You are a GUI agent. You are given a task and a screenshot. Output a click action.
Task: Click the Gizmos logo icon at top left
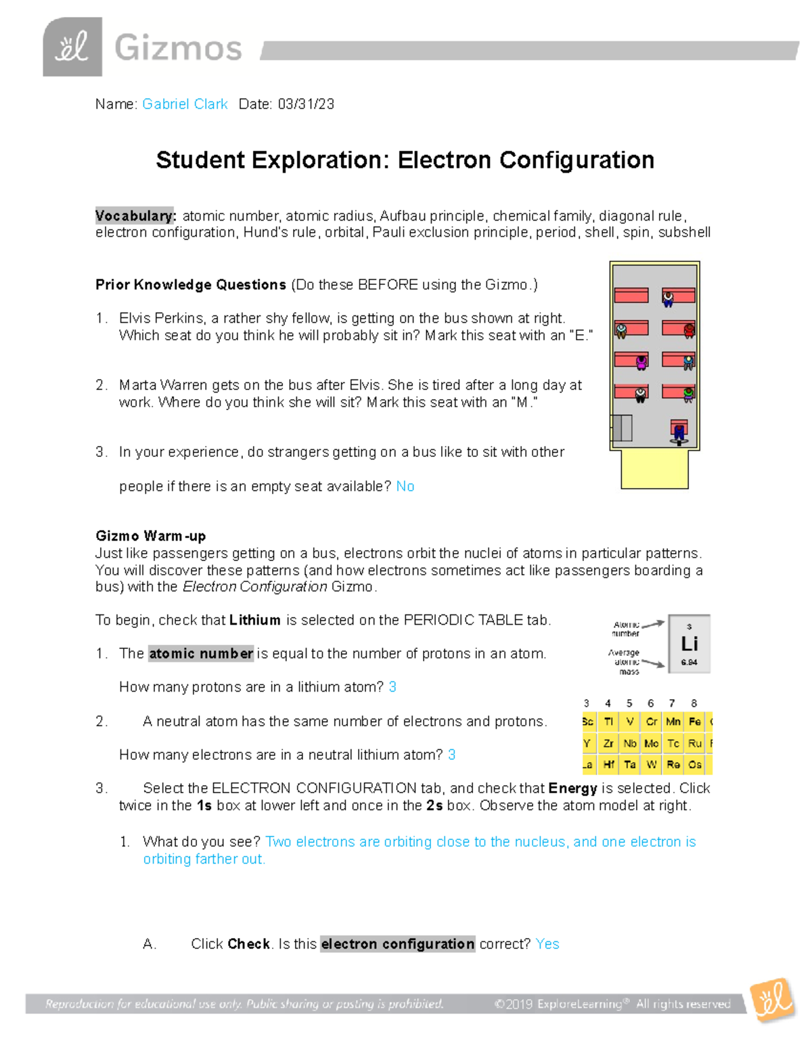[x=72, y=47]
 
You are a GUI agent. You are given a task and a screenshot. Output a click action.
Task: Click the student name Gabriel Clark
[x=185, y=104]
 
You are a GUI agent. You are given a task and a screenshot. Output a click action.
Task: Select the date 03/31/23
[x=306, y=104]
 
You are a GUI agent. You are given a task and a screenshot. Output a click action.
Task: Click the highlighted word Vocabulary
[x=135, y=216]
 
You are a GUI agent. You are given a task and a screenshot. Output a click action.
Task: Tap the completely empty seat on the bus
[x=631, y=295]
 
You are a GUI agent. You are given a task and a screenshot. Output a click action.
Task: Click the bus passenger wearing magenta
[x=641, y=363]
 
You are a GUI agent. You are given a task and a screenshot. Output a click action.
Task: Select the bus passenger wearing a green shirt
[x=688, y=394]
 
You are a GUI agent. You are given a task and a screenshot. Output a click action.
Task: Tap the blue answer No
[x=405, y=487]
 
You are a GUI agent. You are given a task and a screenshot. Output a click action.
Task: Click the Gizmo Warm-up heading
[x=150, y=536]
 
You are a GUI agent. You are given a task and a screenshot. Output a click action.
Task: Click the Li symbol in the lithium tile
[x=689, y=644]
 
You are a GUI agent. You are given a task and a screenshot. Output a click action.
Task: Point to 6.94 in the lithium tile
[x=689, y=663]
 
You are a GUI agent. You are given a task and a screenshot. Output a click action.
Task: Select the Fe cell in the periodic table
[x=694, y=721]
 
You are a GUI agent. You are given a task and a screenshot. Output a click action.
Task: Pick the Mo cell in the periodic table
[x=651, y=743]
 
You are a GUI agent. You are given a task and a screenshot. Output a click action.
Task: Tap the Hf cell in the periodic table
[x=608, y=764]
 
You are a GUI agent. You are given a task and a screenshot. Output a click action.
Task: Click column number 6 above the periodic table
[x=650, y=703]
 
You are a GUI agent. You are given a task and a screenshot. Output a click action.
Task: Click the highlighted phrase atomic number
[x=201, y=654]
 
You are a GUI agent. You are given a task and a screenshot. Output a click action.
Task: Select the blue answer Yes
[x=547, y=944]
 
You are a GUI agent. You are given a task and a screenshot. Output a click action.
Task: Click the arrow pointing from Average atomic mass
[x=653, y=663]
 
